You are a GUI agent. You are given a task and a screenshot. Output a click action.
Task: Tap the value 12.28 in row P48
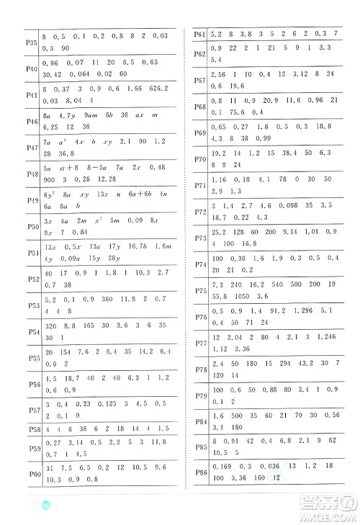click(107, 179)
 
